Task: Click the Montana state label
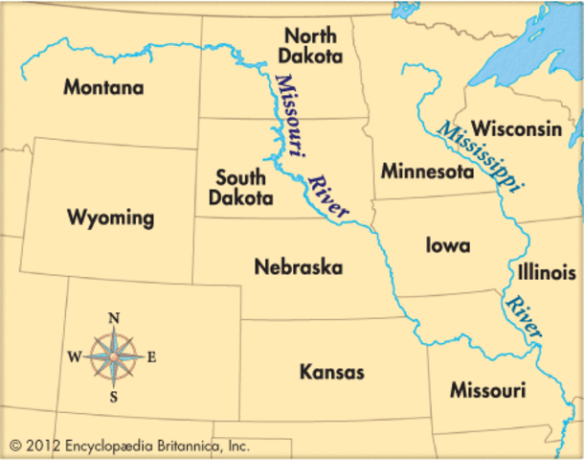point(103,88)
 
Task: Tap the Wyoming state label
point(110,218)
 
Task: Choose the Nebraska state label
point(298,267)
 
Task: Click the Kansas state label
point(331,371)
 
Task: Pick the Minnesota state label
point(427,172)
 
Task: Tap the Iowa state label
point(447,245)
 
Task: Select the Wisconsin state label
point(516,128)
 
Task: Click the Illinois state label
point(540,272)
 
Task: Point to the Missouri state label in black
point(487,391)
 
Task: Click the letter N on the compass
point(114,318)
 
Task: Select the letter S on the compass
point(114,396)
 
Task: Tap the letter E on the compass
point(151,357)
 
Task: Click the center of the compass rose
point(114,357)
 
